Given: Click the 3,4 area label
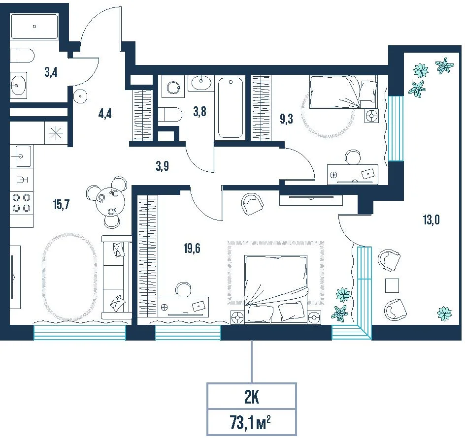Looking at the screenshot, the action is [51, 72].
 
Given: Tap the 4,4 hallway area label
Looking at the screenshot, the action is [105, 114].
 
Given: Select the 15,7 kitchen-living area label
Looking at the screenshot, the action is [62, 204].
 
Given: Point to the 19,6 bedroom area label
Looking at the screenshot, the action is [192, 248].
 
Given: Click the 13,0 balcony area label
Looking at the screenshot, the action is [431, 220].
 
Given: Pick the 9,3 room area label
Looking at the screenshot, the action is [287, 119].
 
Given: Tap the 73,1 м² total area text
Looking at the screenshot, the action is [250, 423].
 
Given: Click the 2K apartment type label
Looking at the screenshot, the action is [252, 398].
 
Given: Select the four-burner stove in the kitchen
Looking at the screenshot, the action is [22, 203].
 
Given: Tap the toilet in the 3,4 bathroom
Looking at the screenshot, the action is [22, 56].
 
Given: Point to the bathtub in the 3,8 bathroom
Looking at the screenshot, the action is [230, 108].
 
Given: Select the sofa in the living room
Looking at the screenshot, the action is [116, 277].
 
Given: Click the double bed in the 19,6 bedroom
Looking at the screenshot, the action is [276, 289].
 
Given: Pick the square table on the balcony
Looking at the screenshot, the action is [392, 285].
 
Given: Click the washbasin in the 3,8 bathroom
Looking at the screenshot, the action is [201, 83].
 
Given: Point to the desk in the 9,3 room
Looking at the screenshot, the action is [353, 175].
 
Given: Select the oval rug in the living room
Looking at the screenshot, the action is [70, 277].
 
